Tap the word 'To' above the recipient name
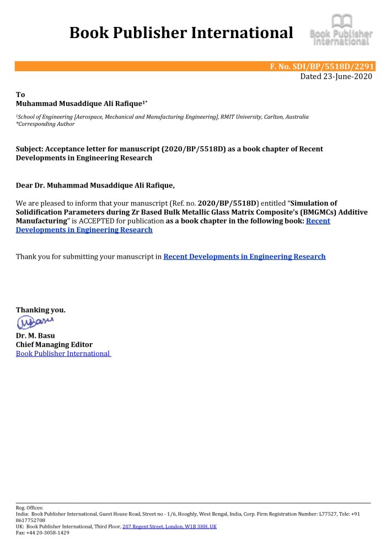pyautogui.click(x=20, y=94)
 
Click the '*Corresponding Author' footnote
pyautogui.click(x=45, y=124)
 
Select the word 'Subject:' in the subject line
pyautogui.click(x=30, y=149)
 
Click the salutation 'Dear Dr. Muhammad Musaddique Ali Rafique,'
pyautogui.click(x=95, y=185)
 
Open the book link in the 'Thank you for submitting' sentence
pyautogui.click(x=244, y=257)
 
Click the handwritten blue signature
pyautogui.click(x=34, y=321)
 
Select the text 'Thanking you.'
pyautogui.click(x=40, y=310)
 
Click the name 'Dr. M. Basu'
pyautogui.click(x=35, y=336)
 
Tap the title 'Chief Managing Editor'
pyautogui.click(x=54, y=344)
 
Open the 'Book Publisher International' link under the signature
pyautogui.click(x=63, y=353)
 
